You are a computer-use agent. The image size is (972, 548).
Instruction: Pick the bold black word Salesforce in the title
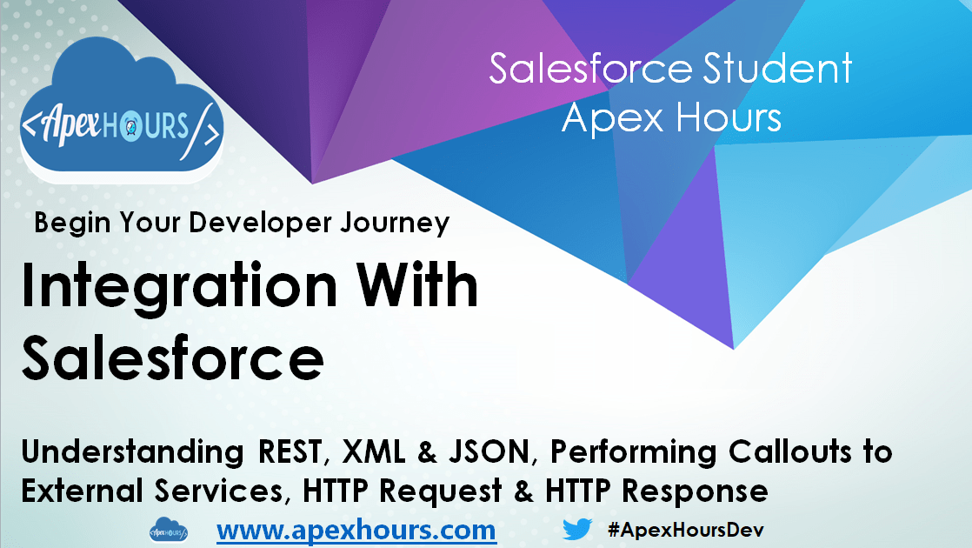(173, 359)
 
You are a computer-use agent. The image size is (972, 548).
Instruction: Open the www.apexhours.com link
(356, 529)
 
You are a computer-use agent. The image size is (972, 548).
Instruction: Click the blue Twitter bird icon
(577, 529)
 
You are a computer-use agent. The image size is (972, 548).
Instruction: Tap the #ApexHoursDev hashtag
(686, 529)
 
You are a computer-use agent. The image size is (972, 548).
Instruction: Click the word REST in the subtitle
(295, 452)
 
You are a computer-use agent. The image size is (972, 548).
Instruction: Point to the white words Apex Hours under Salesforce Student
(671, 117)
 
